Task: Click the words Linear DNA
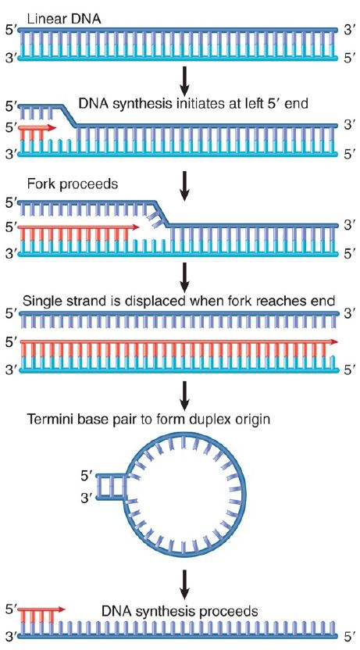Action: pos(64,19)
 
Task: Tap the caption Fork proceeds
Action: pos(73,184)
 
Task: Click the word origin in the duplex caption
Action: pos(250,420)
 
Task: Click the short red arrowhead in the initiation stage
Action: pos(52,128)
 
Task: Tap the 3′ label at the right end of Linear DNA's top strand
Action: pos(350,30)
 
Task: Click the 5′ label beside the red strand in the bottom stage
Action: pos(10,609)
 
